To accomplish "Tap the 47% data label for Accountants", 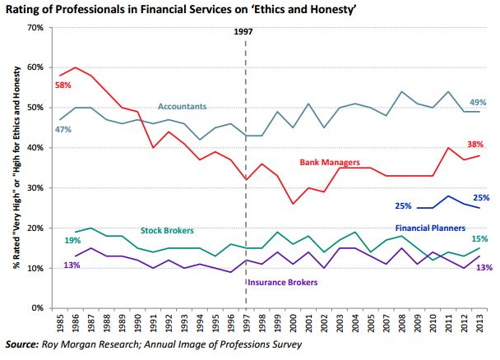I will pos(62,129).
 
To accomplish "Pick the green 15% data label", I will pos(479,238).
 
